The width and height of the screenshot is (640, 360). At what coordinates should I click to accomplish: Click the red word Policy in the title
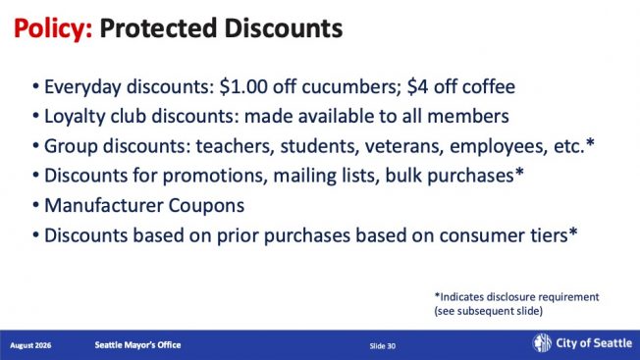tap(53, 28)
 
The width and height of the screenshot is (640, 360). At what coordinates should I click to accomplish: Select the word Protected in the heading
tap(158, 28)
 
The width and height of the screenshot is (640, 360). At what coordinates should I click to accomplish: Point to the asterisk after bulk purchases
tap(519, 173)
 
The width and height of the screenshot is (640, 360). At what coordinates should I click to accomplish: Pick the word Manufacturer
tap(104, 205)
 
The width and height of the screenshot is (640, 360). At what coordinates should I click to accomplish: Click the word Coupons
tap(206, 206)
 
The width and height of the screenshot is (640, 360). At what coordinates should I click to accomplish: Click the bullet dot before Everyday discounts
tap(36, 87)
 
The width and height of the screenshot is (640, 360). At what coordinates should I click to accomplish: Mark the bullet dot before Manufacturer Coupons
tap(36, 205)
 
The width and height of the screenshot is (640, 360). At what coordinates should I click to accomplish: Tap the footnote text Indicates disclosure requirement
tap(519, 297)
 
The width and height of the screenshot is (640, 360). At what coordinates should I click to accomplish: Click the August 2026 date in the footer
tap(30, 345)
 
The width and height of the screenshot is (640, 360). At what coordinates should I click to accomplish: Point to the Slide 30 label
tap(383, 346)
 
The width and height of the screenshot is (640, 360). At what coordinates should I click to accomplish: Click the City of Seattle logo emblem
tap(542, 343)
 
